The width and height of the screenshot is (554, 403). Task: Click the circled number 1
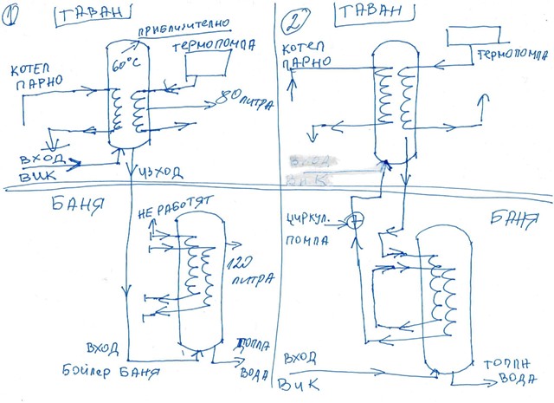point(16,16)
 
